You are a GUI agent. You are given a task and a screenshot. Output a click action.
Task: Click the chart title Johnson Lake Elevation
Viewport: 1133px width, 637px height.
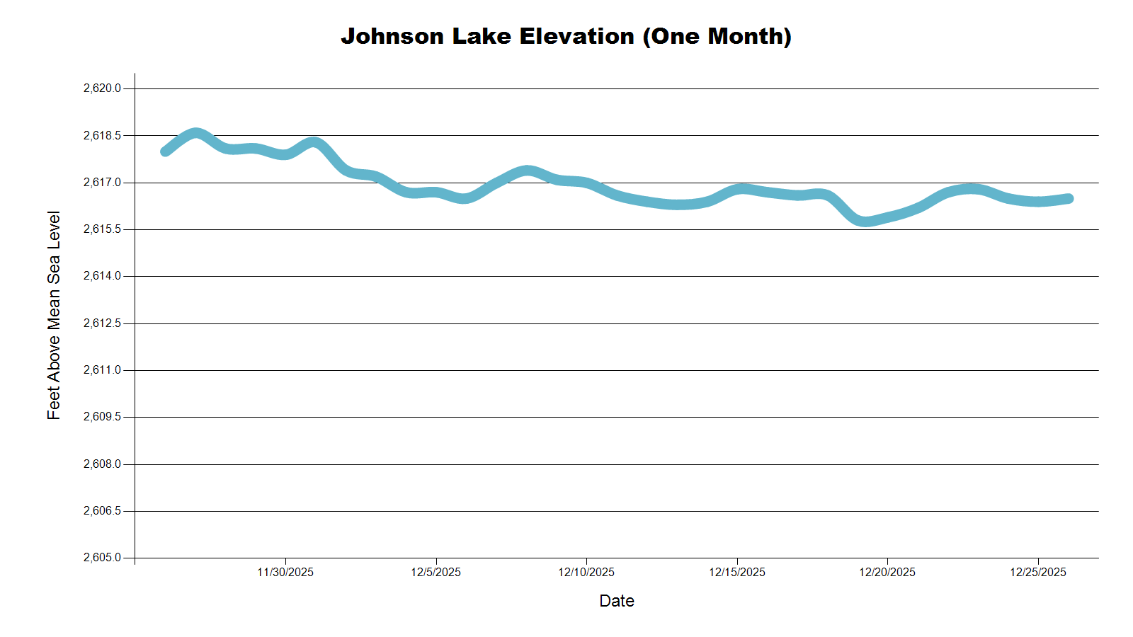(x=566, y=36)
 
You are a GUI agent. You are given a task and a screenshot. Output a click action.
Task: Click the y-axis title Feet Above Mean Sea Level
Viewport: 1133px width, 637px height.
(x=54, y=315)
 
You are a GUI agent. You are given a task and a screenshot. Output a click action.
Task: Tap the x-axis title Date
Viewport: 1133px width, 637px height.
(x=616, y=601)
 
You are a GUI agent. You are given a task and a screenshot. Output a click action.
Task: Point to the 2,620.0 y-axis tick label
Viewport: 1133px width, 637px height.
(x=102, y=88)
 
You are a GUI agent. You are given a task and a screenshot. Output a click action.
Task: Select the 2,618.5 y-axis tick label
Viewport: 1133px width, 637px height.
(x=102, y=135)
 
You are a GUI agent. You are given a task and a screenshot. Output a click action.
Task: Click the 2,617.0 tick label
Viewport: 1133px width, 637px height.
(x=102, y=183)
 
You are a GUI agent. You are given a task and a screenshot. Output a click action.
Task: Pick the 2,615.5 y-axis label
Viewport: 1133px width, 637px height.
(x=102, y=229)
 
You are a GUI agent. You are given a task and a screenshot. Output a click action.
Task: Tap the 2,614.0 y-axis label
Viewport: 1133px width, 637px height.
(x=102, y=276)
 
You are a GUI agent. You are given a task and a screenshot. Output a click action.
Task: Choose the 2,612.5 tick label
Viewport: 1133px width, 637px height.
(x=102, y=323)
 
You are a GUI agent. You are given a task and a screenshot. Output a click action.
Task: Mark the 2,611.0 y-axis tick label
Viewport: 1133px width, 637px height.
(x=102, y=370)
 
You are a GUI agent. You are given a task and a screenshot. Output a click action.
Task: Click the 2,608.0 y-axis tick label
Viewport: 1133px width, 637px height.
(x=102, y=464)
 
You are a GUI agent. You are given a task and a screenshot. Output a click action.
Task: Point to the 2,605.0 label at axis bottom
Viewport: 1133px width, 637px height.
(x=102, y=558)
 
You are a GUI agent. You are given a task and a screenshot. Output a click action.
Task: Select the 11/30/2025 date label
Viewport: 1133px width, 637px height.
(x=285, y=572)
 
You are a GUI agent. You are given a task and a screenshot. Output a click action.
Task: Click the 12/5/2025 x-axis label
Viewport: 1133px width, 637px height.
(x=435, y=572)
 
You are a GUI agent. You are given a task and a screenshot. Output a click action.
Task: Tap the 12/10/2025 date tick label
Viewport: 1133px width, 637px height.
(x=586, y=572)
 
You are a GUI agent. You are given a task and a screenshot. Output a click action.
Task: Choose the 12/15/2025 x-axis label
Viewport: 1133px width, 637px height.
(x=737, y=572)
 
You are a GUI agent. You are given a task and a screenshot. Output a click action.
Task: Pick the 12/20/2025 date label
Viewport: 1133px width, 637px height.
(x=887, y=572)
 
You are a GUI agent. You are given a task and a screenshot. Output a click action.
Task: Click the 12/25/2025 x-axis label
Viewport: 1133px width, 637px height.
(x=1038, y=572)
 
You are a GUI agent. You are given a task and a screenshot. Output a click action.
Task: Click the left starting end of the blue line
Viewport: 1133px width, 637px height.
(x=165, y=151)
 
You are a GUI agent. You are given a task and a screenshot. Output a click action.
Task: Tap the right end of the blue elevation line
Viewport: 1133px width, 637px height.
(x=1069, y=199)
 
